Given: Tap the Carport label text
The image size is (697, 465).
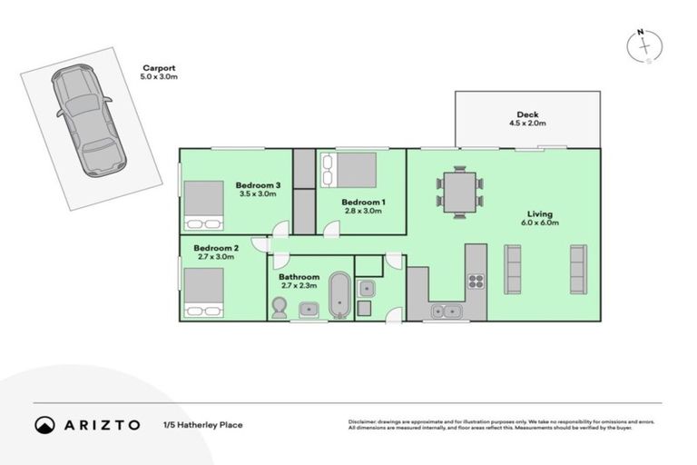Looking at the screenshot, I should (x=157, y=67).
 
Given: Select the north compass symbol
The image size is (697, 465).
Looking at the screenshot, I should (x=643, y=46).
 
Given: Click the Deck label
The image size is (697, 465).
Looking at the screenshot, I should (x=527, y=114).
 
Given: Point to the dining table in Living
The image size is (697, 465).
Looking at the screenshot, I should (x=459, y=193).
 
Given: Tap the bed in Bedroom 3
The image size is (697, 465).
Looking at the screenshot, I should (x=204, y=204).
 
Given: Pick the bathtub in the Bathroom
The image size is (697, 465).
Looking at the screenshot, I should (x=339, y=295).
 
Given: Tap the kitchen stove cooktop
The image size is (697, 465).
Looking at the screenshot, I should (x=476, y=280).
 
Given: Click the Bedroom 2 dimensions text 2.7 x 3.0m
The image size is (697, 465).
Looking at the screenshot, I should (x=215, y=257).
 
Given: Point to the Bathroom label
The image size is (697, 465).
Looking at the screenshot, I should (x=299, y=277).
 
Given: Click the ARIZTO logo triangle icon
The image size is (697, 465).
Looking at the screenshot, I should (x=44, y=424).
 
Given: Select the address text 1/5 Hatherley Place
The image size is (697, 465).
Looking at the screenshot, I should (x=202, y=424).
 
